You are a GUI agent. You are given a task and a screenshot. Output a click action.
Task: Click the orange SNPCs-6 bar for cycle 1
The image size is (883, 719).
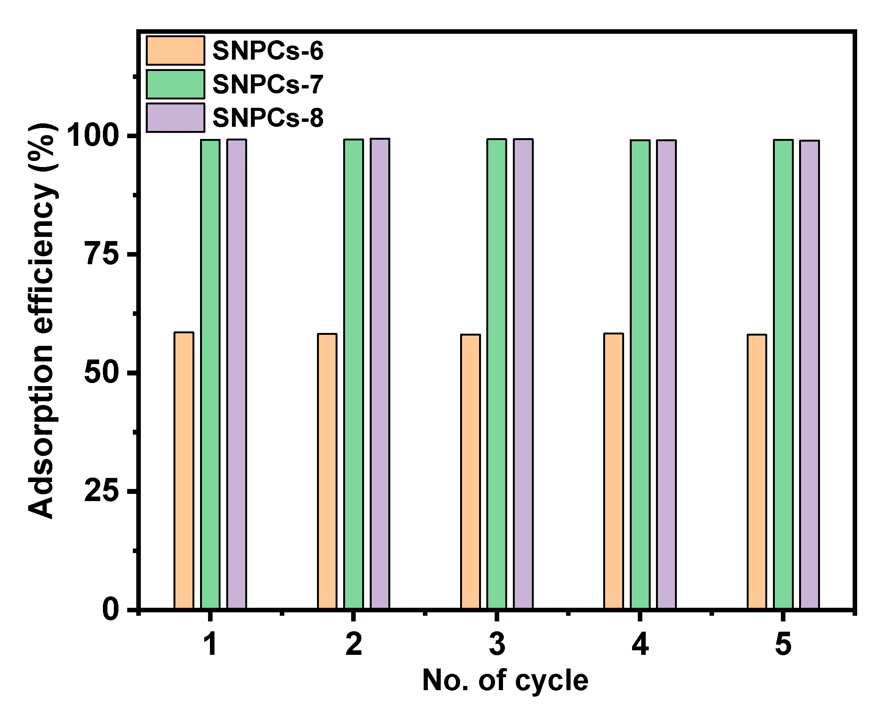pyautogui.click(x=183, y=470)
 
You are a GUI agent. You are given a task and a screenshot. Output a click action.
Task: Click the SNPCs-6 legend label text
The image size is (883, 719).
pyautogui.click(x=268, y=51)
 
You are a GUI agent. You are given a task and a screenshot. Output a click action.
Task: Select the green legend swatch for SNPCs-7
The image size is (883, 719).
pyautogui.click(x=175, y=84)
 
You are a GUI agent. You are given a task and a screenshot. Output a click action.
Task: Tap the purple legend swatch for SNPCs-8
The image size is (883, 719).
pyautogui.click(x=175, y=118)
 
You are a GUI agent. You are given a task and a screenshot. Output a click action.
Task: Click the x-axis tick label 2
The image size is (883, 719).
pyautogui.click(x=353, y=645)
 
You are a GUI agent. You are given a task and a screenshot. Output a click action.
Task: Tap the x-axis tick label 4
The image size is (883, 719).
pyautogui.click(x=640, y=645)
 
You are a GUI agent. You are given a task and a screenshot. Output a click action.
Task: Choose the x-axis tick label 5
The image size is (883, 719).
pyautogui.click(x=783, y=645)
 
